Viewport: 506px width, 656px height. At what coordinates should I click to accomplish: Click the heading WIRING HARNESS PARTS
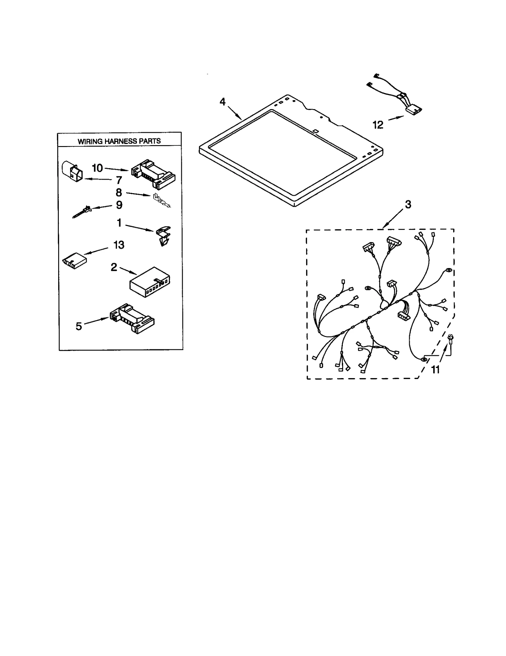click(x=119, y=141)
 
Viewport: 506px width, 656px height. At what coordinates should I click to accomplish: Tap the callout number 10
click(x=97, y=168)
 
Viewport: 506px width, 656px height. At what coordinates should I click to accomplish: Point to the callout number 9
click(x=119, y=205)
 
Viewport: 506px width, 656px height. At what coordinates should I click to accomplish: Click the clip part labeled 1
click(x=163, y=236)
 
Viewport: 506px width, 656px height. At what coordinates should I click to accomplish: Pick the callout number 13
click(x=119, y=245)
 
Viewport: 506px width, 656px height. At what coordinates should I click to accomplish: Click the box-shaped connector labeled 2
click(x=150, y=282)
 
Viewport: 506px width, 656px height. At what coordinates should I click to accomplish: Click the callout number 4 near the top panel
click(x=223, y=102)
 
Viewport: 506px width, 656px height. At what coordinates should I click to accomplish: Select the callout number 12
click(x=378, y=125)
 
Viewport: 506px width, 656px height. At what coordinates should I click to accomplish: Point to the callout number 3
click(x=408, y=205)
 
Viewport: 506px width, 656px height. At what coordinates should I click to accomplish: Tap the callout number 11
click(x=435, y=369)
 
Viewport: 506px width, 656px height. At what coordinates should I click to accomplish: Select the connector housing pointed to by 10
click(x=153, y=173)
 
